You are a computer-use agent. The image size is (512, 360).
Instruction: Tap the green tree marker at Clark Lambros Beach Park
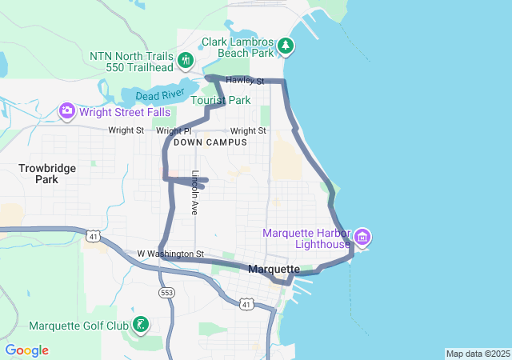[x=286, y=46]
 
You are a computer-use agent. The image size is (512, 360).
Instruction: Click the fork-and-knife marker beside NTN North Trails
[x=186, y=60]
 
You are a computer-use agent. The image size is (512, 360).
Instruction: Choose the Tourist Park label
[x=220, y=101]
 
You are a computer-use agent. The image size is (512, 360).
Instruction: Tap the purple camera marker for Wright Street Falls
[x=67, y=110]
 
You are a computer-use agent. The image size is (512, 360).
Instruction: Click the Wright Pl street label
[x=174, y=130]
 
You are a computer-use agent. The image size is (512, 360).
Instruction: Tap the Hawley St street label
[x=245, y=81]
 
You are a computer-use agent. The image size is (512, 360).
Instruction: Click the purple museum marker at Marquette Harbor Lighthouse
[x=362, y=236]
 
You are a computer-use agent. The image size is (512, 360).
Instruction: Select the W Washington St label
[x=170, y=254]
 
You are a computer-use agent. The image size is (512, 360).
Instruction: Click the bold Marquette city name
[x=274, y=269]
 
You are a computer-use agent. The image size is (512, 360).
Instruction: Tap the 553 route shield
[x=166, y=294]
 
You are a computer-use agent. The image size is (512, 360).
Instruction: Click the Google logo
[x=26, y=350]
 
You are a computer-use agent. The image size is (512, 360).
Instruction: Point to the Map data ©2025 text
[x=477, y=354]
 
